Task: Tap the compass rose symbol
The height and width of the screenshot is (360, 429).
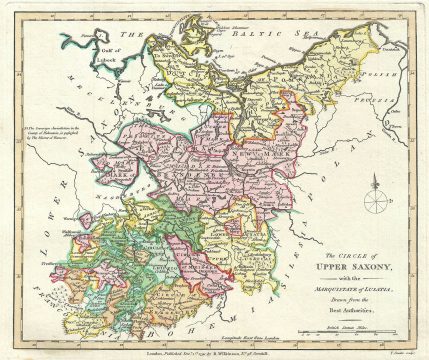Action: click(374, 198)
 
